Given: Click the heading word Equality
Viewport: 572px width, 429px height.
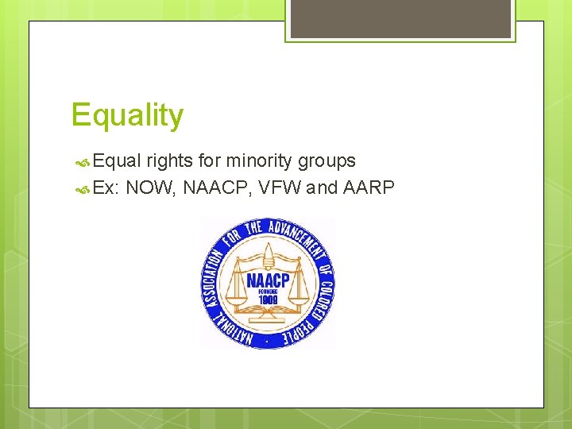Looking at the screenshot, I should click(127, 116).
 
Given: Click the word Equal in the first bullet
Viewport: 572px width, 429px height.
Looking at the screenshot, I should click(117, 161).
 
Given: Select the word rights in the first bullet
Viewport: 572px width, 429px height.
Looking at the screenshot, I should click(170, 161).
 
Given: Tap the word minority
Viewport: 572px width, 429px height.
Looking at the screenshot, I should click(260, 161).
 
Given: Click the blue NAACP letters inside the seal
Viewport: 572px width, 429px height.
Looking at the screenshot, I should click(268, 280).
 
